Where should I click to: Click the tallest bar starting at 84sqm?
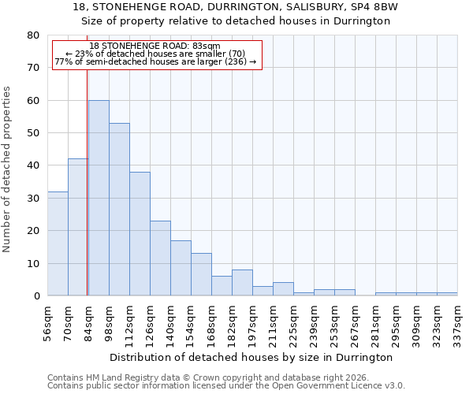[x=99, y=198]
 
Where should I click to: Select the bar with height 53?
[x=119, y=210]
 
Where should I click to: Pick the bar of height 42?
[x=78, y=227]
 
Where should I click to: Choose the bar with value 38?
[x=140, y=234]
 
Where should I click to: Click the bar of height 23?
[x=160, y=258]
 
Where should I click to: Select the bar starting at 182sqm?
[x=242, y=283]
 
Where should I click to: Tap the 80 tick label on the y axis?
[x=32, y=35]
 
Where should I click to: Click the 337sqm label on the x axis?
[x=458, y=322]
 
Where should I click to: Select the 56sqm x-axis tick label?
[x=48, y=322]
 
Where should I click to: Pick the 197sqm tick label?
[x=253, y=322]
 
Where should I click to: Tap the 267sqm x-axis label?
[x=356, y=322]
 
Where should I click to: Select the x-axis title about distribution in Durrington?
[x=252, y=357]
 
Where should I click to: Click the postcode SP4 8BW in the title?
[x=376, y=7]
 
